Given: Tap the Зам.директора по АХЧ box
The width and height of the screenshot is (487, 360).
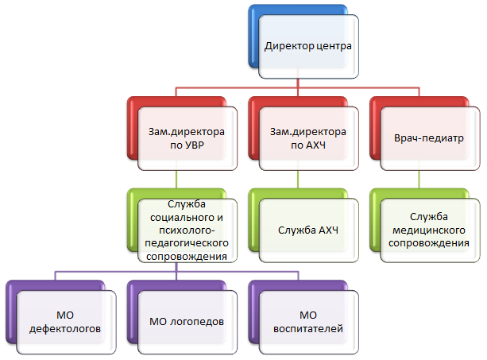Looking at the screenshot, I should point(307,139).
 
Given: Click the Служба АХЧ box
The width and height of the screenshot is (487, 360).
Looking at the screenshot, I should point(307,230).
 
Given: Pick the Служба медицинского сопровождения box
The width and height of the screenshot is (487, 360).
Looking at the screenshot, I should point(429,230).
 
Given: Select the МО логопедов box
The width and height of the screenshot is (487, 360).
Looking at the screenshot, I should point(185,322).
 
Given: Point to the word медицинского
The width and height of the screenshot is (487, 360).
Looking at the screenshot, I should point(429,230).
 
